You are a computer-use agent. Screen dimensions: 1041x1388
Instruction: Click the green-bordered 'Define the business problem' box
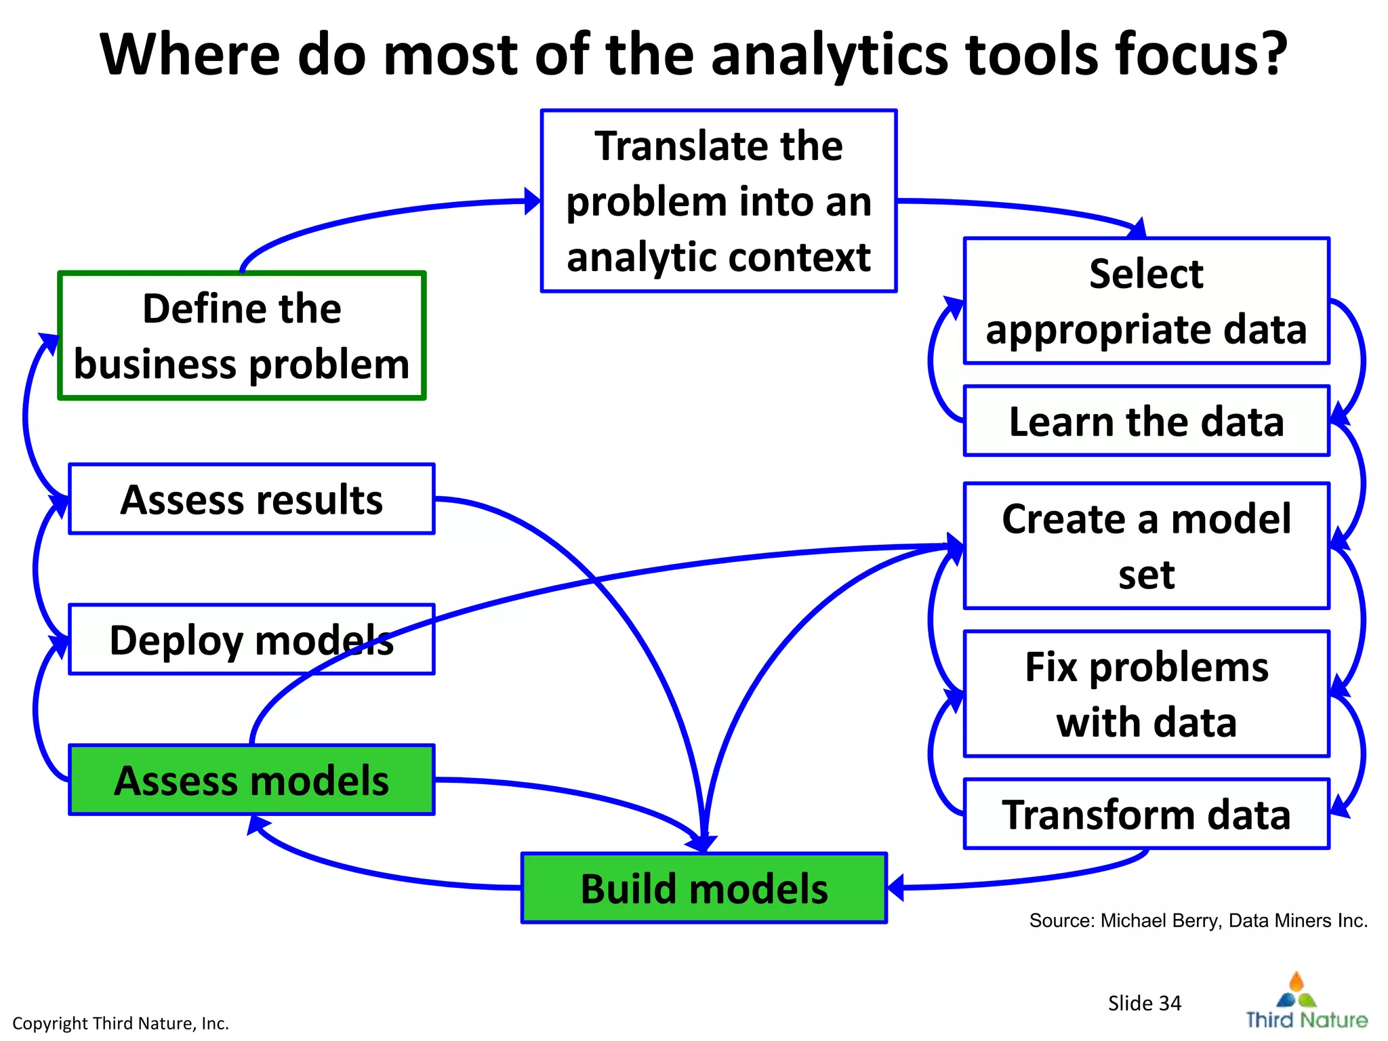pos(241,336)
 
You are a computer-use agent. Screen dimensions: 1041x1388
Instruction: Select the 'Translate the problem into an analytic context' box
pos(718,201)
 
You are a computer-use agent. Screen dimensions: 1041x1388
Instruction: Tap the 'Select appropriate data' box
pos(1146,301)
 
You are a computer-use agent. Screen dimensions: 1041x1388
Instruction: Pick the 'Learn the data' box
pos(1146,421)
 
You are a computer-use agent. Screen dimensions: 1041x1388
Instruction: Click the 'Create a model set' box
pos(1146,546)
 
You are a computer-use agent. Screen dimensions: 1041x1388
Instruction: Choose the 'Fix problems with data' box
pos(1146,693)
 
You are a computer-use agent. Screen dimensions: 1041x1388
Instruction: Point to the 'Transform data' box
pos(1146,813)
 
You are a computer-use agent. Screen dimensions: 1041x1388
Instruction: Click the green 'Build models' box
pos(703,888)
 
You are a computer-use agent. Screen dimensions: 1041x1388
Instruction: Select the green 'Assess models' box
pos(251,779)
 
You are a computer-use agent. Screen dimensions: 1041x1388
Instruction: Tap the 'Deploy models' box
pos(251,639)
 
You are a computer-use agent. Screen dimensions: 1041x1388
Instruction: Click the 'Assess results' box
pos(251,499)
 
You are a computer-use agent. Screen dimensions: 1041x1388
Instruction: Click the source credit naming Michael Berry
pos(1198,920)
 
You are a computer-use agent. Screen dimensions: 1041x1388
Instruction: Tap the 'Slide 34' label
pos(1144,1002)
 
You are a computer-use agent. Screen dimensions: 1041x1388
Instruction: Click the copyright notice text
pos(121,1023)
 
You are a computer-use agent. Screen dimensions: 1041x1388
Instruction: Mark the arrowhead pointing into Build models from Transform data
pos(896,887)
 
